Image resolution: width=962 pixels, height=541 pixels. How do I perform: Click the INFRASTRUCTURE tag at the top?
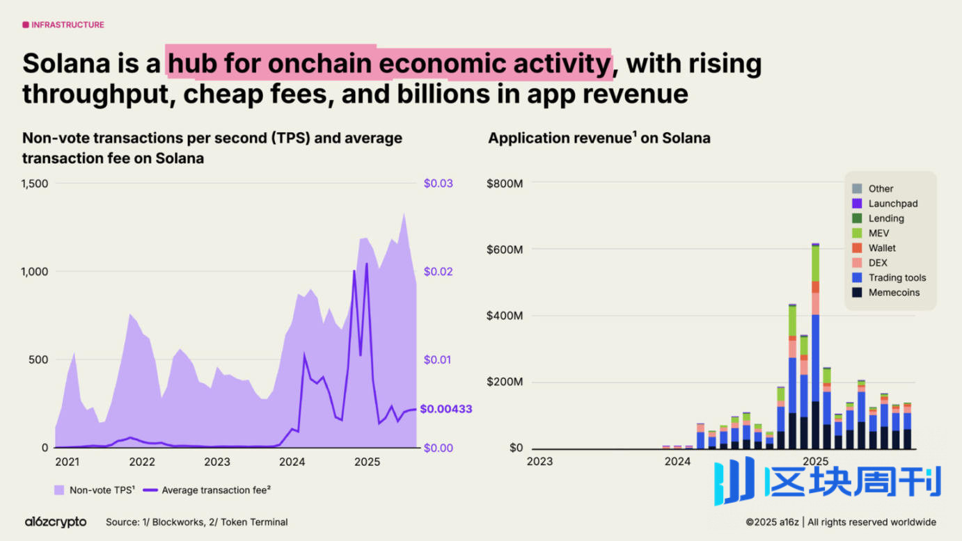pyautogui.click(x=63, y=25)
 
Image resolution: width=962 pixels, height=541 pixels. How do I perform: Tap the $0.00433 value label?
pyautogui.click(x=445, y=409)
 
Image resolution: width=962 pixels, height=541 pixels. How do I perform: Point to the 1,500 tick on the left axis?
pyautogui.click(x=35, y=184)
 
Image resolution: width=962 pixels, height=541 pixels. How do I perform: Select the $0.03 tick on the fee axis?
pyautogui.click(x=438, y=184)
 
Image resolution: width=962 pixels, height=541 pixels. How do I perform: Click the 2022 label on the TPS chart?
pyautogui.click(x=142, y=461)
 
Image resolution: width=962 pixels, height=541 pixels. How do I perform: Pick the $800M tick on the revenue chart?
pyautogui.click(x=506, y=184)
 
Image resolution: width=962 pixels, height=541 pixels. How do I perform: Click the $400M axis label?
pyautogui.click(x=506, y=316)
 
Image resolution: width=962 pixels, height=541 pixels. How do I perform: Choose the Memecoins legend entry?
pyautogui.click(x=894, y=293)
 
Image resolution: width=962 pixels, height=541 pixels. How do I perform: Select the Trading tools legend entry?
pyautogui.click(x=897, y=277)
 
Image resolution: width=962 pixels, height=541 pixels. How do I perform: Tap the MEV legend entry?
pyautogui.click(x=878, y=233)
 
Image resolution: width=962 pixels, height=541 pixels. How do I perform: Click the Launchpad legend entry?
pyautogui.click(x=892, y=204)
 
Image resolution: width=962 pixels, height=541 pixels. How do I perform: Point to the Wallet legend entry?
pyautogui.click(x=882, y=248)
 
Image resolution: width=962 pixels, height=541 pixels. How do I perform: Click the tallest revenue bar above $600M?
pyautogui.click(x=815, y=348)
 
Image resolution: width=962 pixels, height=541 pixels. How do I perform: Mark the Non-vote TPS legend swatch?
pyautogui.click(x=59, y=490)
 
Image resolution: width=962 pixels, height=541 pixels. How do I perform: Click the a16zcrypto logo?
pyautogui.click(x=56, y=522)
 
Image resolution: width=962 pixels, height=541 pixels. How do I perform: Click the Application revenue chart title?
pyautogui.click(x=599, y=138)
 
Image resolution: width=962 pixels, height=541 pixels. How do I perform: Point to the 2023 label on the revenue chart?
pyautogui.click(x=539, y=461)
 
